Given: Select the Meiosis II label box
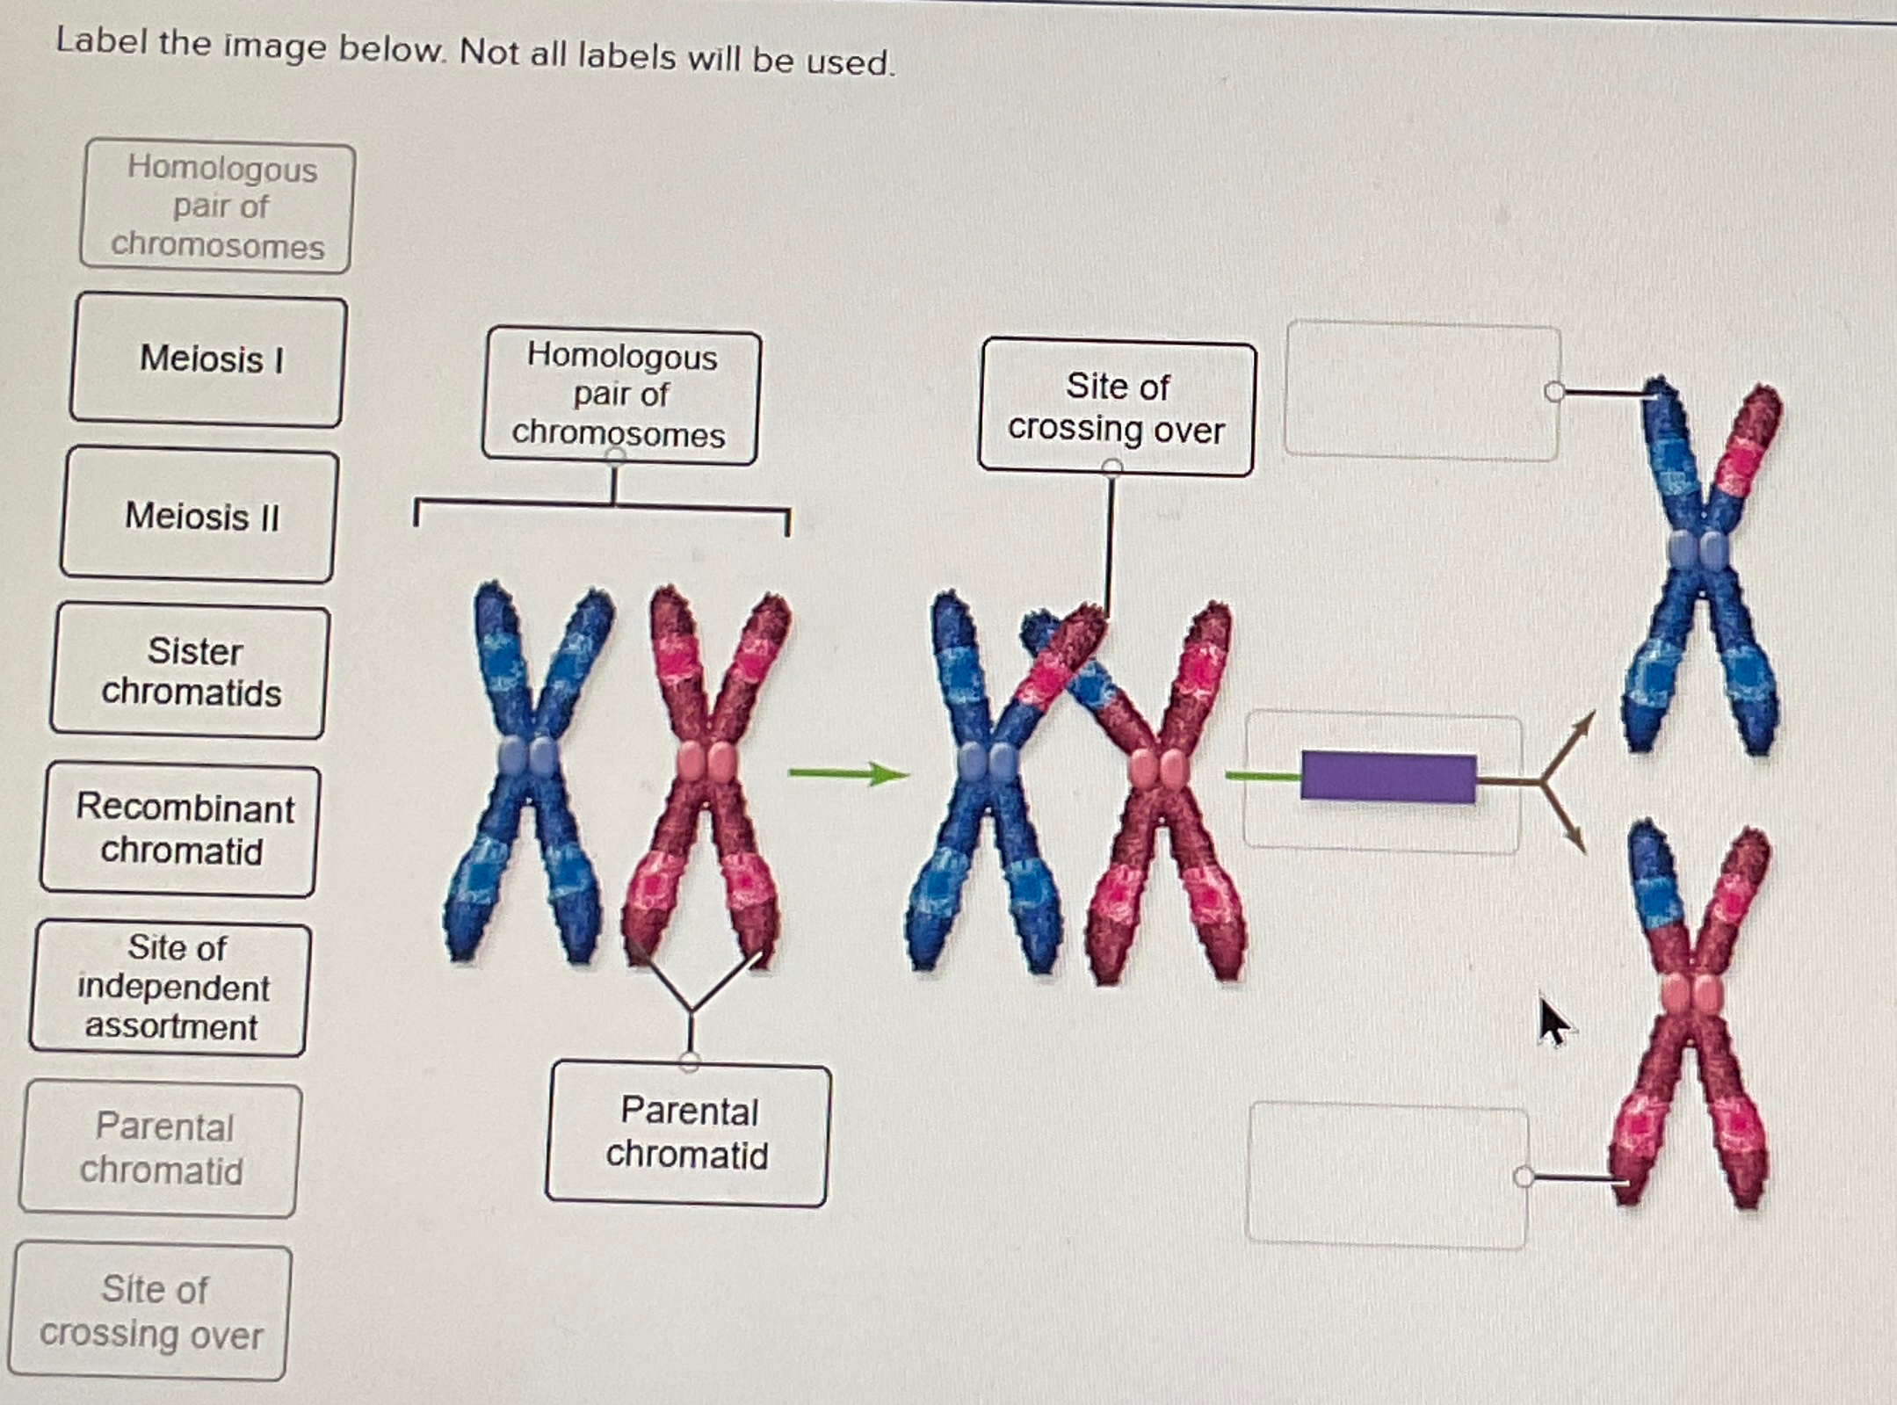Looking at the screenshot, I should pyautogui.click(x=199, y=516).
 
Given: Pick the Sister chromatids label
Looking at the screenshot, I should pyautogui.click(x=190, y=672).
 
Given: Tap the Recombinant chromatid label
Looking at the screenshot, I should pyautogui.click(x=181, y=829).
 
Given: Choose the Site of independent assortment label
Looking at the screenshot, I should pyautogui.click(x=171, y=988).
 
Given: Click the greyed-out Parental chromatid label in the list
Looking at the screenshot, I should pyautogui.click(x=161, y=1149).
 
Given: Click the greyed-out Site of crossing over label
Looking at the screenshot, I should pyautogui.click(x=151, y=1311).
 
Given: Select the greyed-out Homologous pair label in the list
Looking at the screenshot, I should pyautogui.click(x=217, y=207).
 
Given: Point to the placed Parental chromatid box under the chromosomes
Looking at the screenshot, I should pyautogui.click(x=687, y=1133).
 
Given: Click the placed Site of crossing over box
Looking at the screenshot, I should pyautogui.click(x=1117, y=409).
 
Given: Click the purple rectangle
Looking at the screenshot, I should pyautogui.click(x=1388, y=777).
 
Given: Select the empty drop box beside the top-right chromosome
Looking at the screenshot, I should pyautogui.click(x=1422, y=391).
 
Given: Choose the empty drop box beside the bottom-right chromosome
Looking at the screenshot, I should pyautogui.click(x=1387, y=1176).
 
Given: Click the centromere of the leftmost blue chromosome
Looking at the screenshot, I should pyautogui.click(x=527, y=756).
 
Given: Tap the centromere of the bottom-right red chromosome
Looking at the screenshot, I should pyautogui.click(x=1692, y=995).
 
